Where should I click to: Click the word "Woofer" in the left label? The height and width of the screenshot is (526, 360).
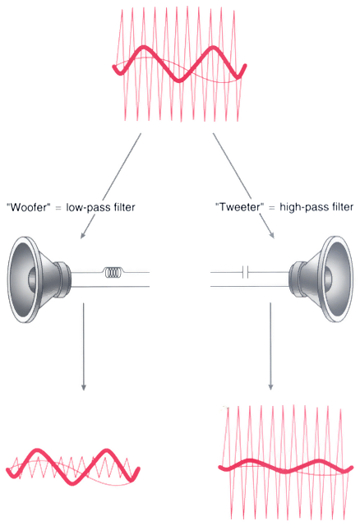pos(28,207)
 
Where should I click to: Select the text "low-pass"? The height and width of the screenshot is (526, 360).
pos(87,208)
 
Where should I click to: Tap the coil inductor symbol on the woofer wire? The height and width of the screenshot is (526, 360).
pos(113,272)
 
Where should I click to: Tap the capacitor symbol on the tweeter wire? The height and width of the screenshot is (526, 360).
pos(245,272)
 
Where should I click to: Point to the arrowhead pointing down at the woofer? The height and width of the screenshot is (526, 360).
pos(82,235)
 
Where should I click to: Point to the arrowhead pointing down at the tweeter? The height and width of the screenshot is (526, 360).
pos(272,235)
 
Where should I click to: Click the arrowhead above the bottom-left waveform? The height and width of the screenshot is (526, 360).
pos(84,386)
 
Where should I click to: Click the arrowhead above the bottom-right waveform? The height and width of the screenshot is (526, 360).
pos(270,386)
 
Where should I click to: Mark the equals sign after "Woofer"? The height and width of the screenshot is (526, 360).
pos(58,208)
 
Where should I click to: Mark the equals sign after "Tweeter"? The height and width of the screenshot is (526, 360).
pos(272,208)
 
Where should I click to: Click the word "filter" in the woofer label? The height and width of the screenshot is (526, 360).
pos(124,207)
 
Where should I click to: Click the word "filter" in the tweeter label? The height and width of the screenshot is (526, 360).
pos(343,207)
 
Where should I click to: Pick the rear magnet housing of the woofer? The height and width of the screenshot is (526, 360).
pos(63,279)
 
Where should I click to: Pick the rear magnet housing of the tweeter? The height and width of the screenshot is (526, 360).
pos(297,279)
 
